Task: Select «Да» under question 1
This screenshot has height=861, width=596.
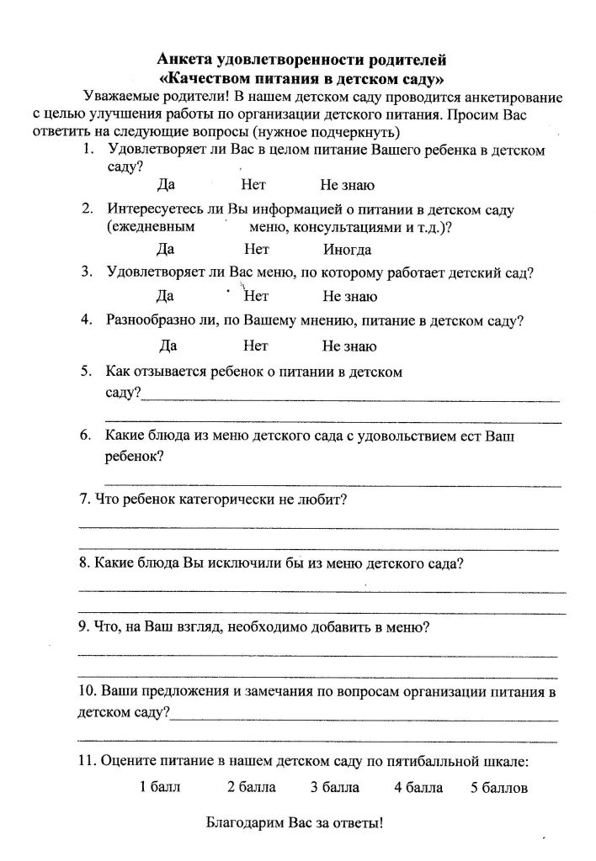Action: [x=166, y=186]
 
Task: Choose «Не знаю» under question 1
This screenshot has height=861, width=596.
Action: [x=347, y=186]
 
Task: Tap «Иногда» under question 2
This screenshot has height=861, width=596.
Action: [x=347, y=250]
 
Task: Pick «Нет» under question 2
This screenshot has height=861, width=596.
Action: [x=256, y=250]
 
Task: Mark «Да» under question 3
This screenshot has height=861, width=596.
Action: [x=166, y=297]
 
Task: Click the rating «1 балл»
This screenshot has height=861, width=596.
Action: [x=160, y=788]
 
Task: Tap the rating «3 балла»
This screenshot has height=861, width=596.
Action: [x=334, y=788]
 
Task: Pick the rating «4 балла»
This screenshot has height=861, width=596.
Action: [x=418, y=788]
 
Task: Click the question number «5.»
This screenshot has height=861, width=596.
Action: [x=86, y=371]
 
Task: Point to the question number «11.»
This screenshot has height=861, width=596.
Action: [x=86, y=763]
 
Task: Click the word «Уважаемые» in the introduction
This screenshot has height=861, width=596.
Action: [x=117, y=97]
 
